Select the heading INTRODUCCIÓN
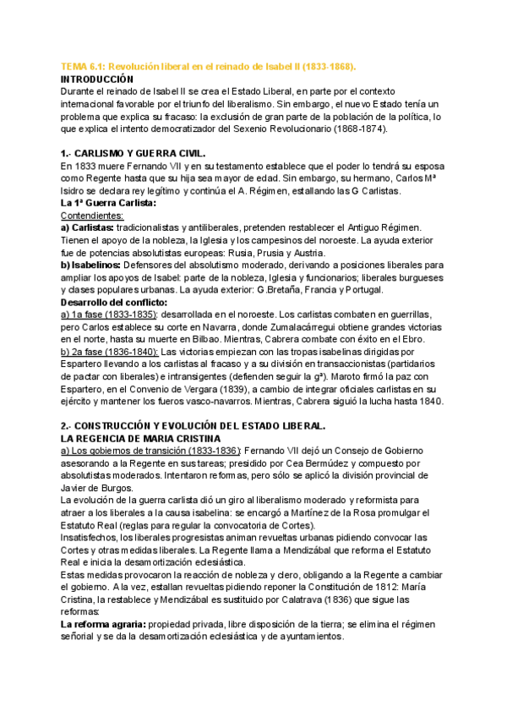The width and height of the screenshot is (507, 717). click(105, 78)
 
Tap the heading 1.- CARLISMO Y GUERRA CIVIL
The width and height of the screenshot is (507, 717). click(144, 155)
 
